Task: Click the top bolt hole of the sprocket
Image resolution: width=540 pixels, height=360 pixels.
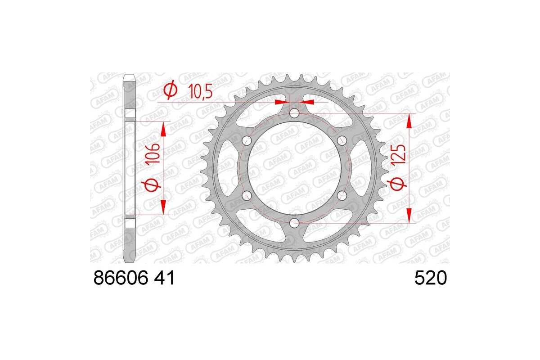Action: pyautogui.click(x=294, y=113)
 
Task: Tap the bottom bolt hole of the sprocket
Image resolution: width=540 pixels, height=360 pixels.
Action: pyautogui.click(x=294, y=222)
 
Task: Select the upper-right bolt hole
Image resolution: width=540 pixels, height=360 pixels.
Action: pyautogui.click(x=342, y=140)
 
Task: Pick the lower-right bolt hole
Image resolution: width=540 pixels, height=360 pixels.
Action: pyautogui.click(x=342, y=195)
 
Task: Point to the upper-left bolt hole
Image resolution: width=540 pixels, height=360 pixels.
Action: pyautogui.click(x=246, y=140)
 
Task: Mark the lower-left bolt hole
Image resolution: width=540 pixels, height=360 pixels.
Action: pyautogui.click(x=246, y=195)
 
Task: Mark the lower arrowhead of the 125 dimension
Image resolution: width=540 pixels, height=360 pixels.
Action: pyautogui.click(x=409, y=216)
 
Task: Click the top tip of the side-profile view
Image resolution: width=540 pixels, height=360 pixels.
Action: pyautogui.click(x=129, y=75)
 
